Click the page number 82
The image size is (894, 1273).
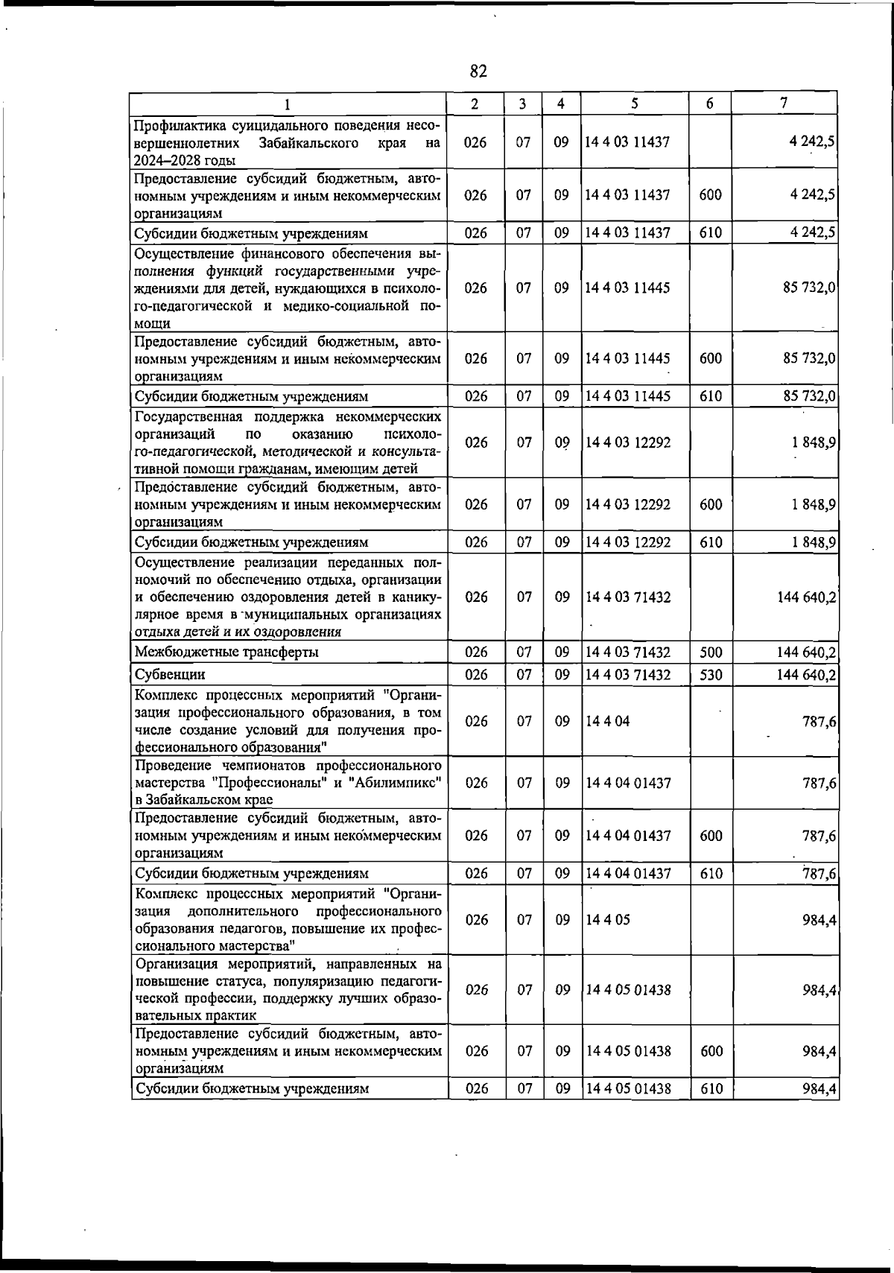click(x=478, y=72)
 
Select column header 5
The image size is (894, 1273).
click(x=634, y=104)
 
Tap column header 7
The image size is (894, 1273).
click(x=784, y=104)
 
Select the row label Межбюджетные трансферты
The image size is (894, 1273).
click(x=226, y=653)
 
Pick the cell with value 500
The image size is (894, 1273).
click(x=711, y=653)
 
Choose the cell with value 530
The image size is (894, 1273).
click(x=711, y=675)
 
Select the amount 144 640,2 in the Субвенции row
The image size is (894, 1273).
click(x=805, y=676)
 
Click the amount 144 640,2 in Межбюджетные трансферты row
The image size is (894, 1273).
click(x=805, y=653)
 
